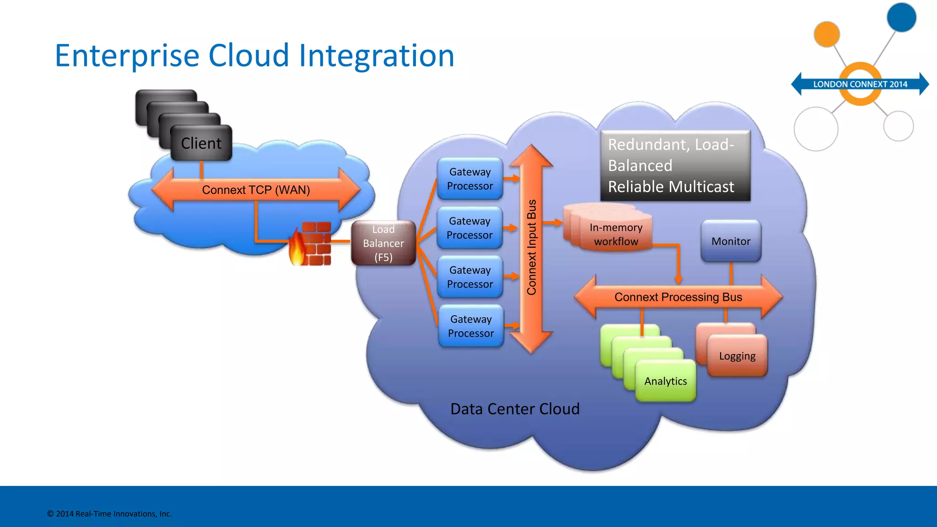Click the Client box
[x=201, y=143]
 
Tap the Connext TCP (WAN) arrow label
[x=256, y=190]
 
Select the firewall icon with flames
[x=311, y=244]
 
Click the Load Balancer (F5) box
[x=383, y=243]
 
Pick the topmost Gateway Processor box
[x=470, y=179]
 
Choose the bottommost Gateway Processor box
[x=471, y=326]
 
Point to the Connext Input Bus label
[x=531, y=247]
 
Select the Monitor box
[x=731, y=241]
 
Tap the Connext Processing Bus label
[x=678, y=297]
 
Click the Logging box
[x=737, y=356]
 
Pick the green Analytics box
[x=666, y=381]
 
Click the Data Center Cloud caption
[x=515, y=409]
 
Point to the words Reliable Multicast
[x=671, y=187]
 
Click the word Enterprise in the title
[x=127, y=56]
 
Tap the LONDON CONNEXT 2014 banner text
[x=860, y=84]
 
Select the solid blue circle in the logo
[x=901, y=17]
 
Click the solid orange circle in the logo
[x=827, y=34]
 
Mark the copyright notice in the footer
[x=109, y=514]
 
